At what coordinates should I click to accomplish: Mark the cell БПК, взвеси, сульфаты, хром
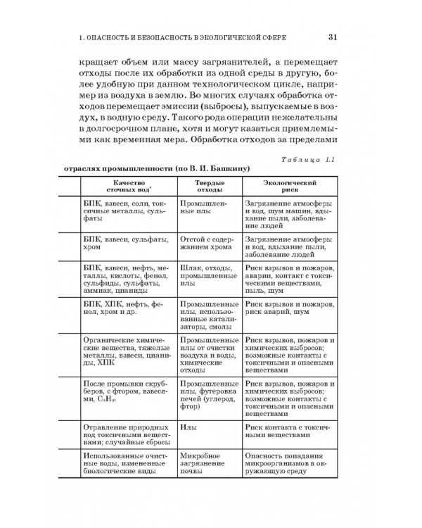(117, 243)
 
